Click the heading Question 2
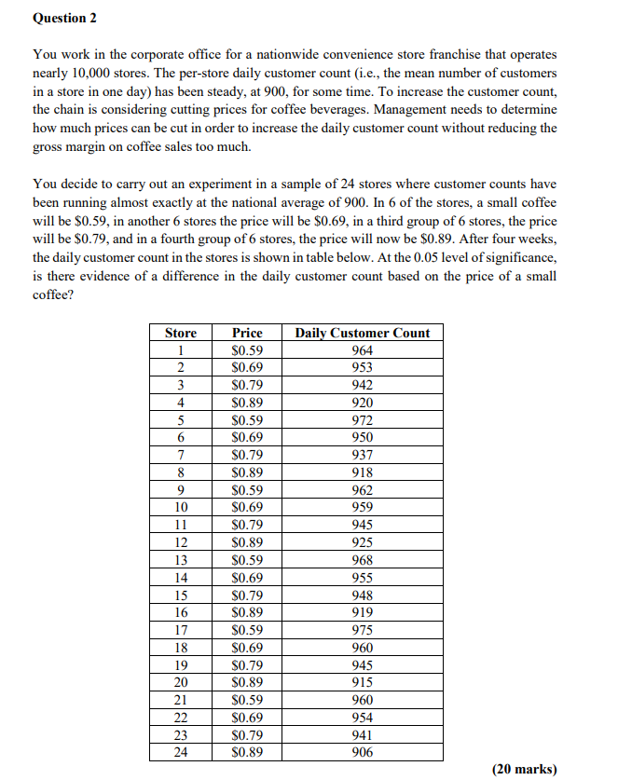tap(64, 18)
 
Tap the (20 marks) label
tap(524, 769)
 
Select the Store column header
tap(181, 333)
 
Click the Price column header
tap(247, 333)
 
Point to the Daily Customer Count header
tap(363, 333)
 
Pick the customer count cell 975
tap(363, 631)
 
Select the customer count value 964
tap(363, 350)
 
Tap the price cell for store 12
tap(247, 542)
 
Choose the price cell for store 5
tap(247, 420)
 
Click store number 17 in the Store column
tap(181, 631)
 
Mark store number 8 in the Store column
tap(181, 472)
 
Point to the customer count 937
tap(363, 455)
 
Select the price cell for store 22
tap(247, 718)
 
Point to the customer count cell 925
tap(363, 542)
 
